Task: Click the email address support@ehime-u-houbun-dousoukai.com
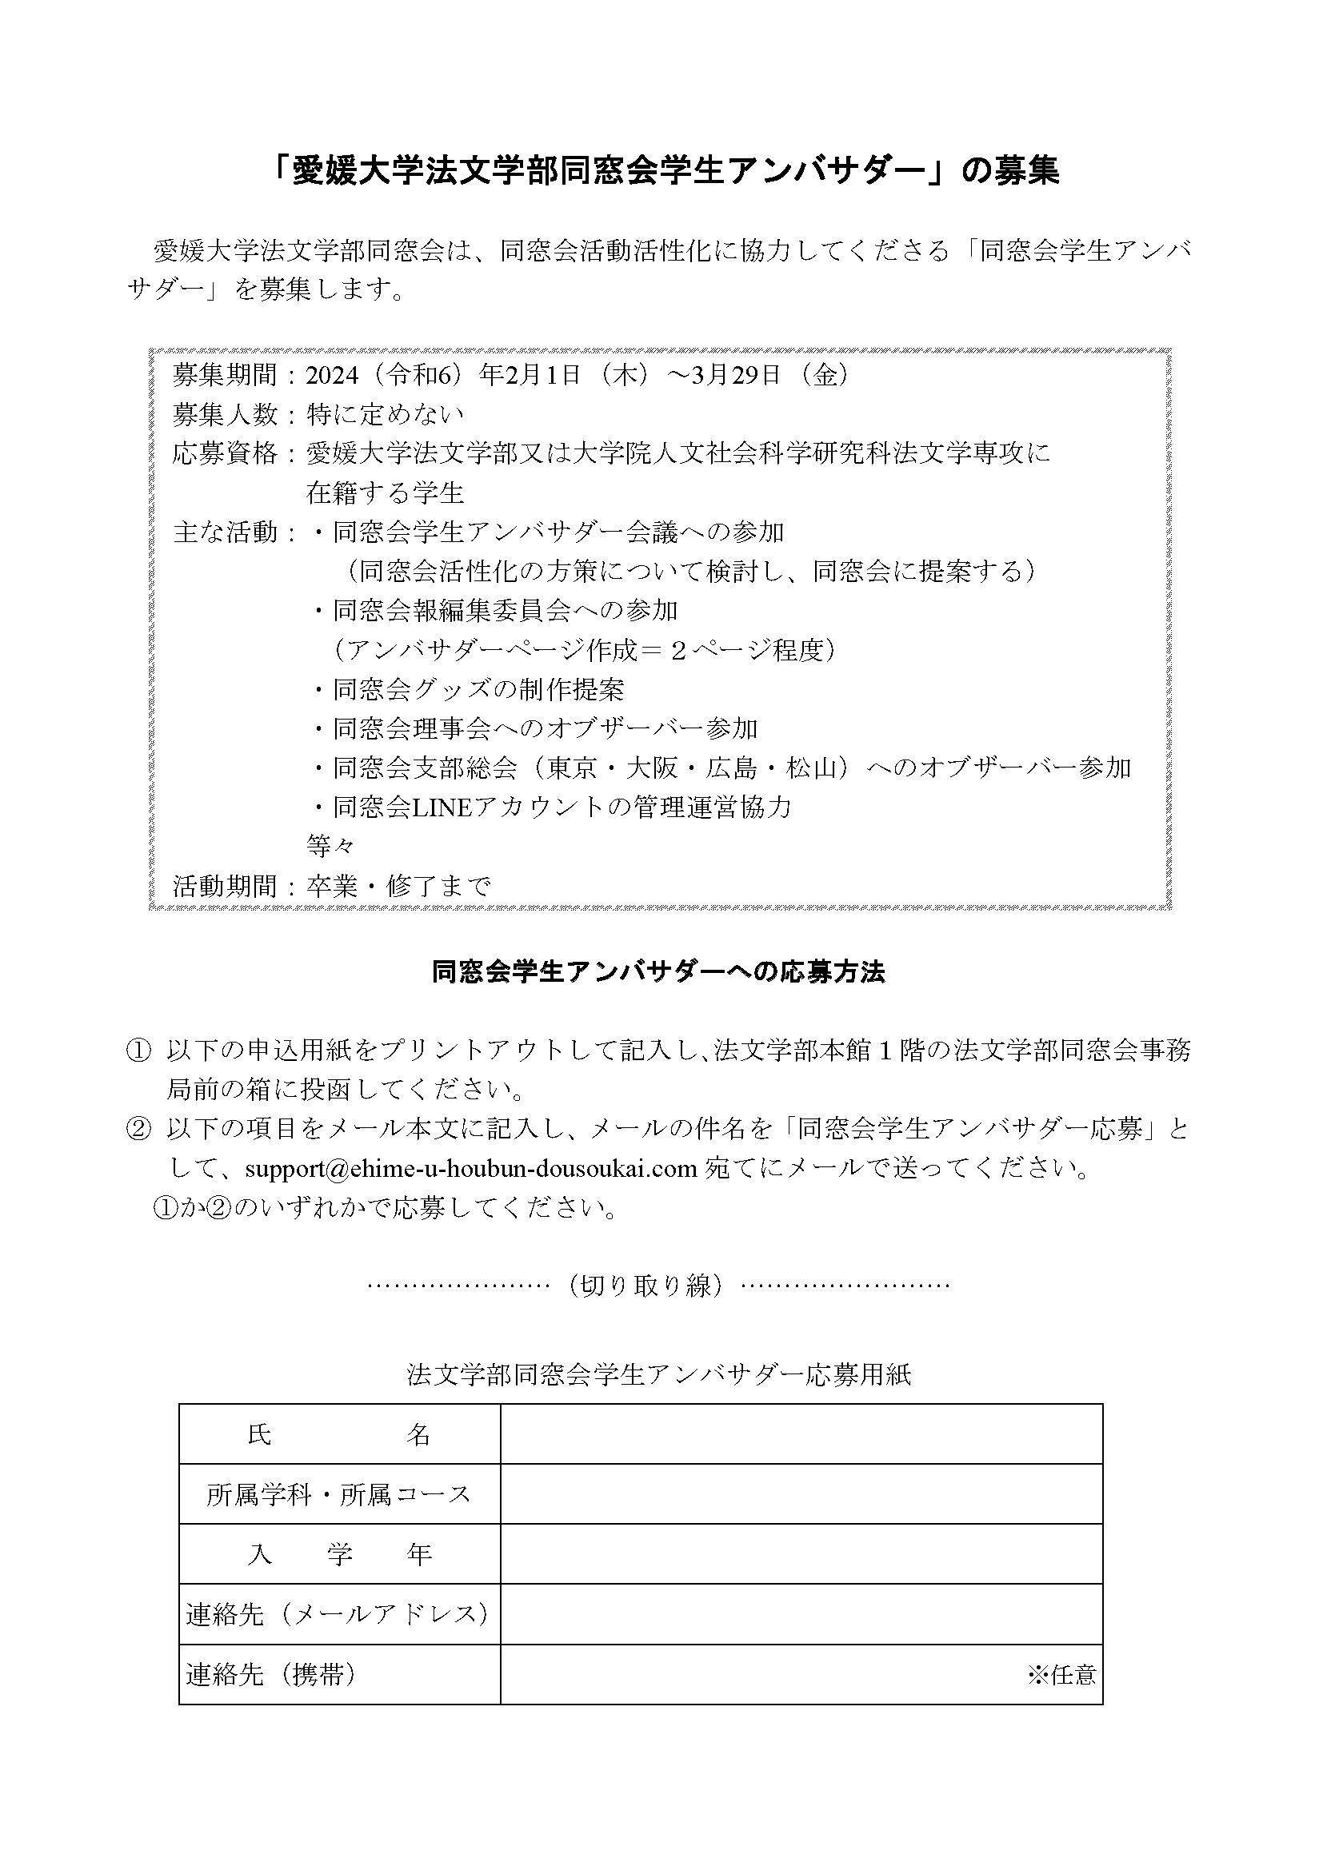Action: (x=470, y=1169)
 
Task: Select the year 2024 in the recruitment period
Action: (x=333, y=376)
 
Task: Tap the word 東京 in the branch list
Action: (x=573, y=768)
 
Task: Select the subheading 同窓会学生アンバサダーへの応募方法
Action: (x=658, y=972)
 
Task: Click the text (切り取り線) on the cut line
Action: (x=646, y=1286)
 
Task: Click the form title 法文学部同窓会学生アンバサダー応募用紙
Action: (x=658, y=1376)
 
